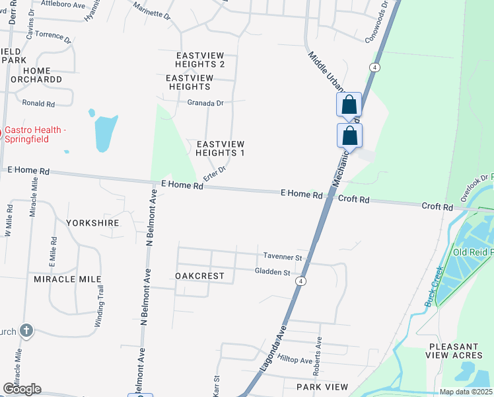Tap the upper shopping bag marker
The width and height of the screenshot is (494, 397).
349,105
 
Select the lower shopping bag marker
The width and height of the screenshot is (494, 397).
350,136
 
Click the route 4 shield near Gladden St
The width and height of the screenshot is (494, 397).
301,281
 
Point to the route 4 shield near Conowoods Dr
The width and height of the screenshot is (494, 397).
374,67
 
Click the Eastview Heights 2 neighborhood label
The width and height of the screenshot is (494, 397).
200,60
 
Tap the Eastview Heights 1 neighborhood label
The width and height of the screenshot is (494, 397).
220,148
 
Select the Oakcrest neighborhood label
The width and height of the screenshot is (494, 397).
199,276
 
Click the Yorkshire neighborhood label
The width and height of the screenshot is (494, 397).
92,223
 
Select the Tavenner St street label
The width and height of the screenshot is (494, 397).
282,257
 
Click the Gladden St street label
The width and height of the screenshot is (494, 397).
273,272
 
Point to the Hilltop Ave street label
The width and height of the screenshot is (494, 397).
295,359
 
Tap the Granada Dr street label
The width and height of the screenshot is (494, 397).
205,103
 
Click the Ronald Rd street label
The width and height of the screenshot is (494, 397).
38,103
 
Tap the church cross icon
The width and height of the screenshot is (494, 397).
26,331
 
